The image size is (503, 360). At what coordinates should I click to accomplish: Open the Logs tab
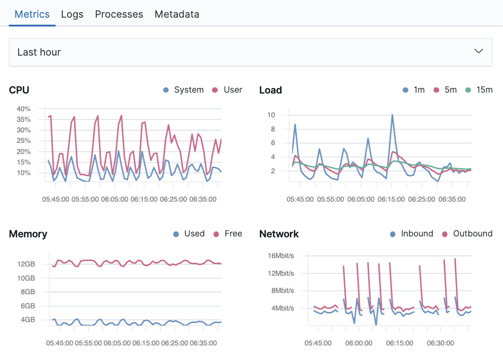[72, 14]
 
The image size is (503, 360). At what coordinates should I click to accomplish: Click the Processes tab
[119, 14]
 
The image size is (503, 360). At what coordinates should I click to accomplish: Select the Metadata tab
[177, 14]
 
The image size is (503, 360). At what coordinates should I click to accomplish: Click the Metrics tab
[32, 14]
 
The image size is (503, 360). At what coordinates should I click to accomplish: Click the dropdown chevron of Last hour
[478, 52]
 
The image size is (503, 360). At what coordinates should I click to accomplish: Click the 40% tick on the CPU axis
[23, 109]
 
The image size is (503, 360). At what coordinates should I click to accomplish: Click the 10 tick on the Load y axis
[271, 115]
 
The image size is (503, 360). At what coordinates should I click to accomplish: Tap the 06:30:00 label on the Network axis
[440, 343]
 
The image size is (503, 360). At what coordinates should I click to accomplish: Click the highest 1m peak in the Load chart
[392, 115]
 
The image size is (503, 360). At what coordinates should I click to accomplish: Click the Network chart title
[279, 234]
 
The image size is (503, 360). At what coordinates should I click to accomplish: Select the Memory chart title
[28, 234]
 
